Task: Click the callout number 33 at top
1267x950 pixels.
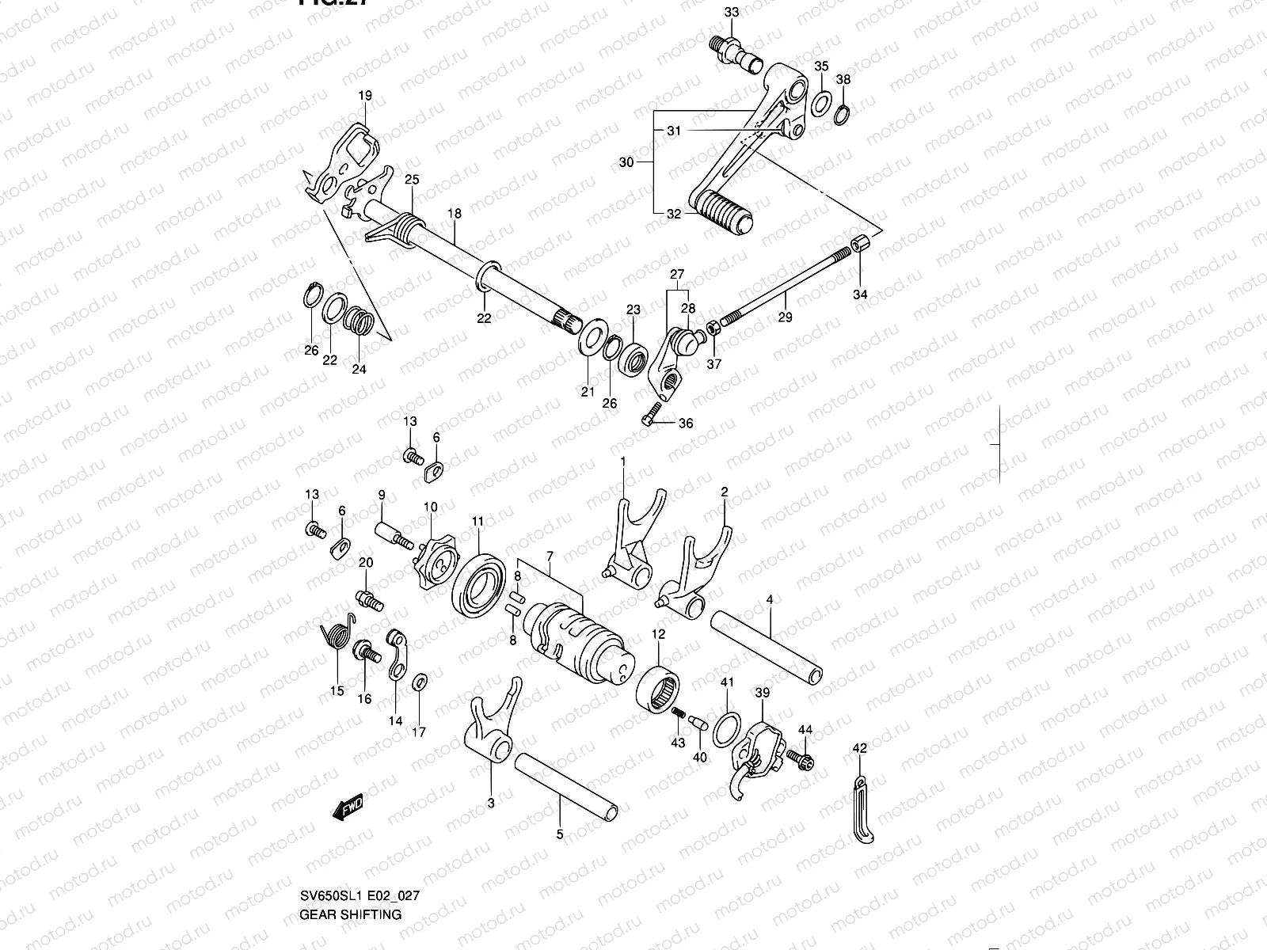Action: click(731, 12)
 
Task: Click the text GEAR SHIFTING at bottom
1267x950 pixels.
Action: click(350, 914)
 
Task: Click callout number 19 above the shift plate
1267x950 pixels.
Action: click(364, 96)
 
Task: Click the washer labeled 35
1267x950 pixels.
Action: click(823, 102)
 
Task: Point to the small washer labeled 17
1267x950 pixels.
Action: click(420, 681)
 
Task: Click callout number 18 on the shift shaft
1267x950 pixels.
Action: click(454, 214)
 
